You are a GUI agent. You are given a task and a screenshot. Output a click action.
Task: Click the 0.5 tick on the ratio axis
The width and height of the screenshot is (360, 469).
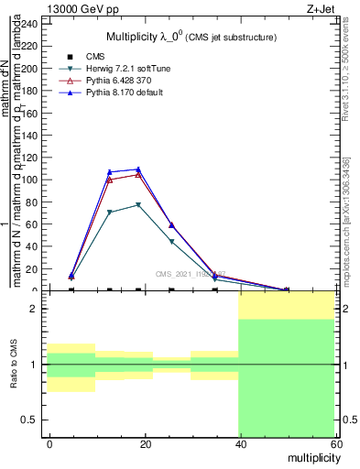click(31, 420)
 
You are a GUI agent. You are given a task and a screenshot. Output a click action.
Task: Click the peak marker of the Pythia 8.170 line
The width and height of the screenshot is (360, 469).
click(138, 169)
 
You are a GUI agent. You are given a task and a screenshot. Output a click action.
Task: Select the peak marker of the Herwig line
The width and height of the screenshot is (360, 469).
click(138, 204)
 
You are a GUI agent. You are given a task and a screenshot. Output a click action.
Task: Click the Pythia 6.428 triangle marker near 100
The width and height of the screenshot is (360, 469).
click(110, 180)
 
